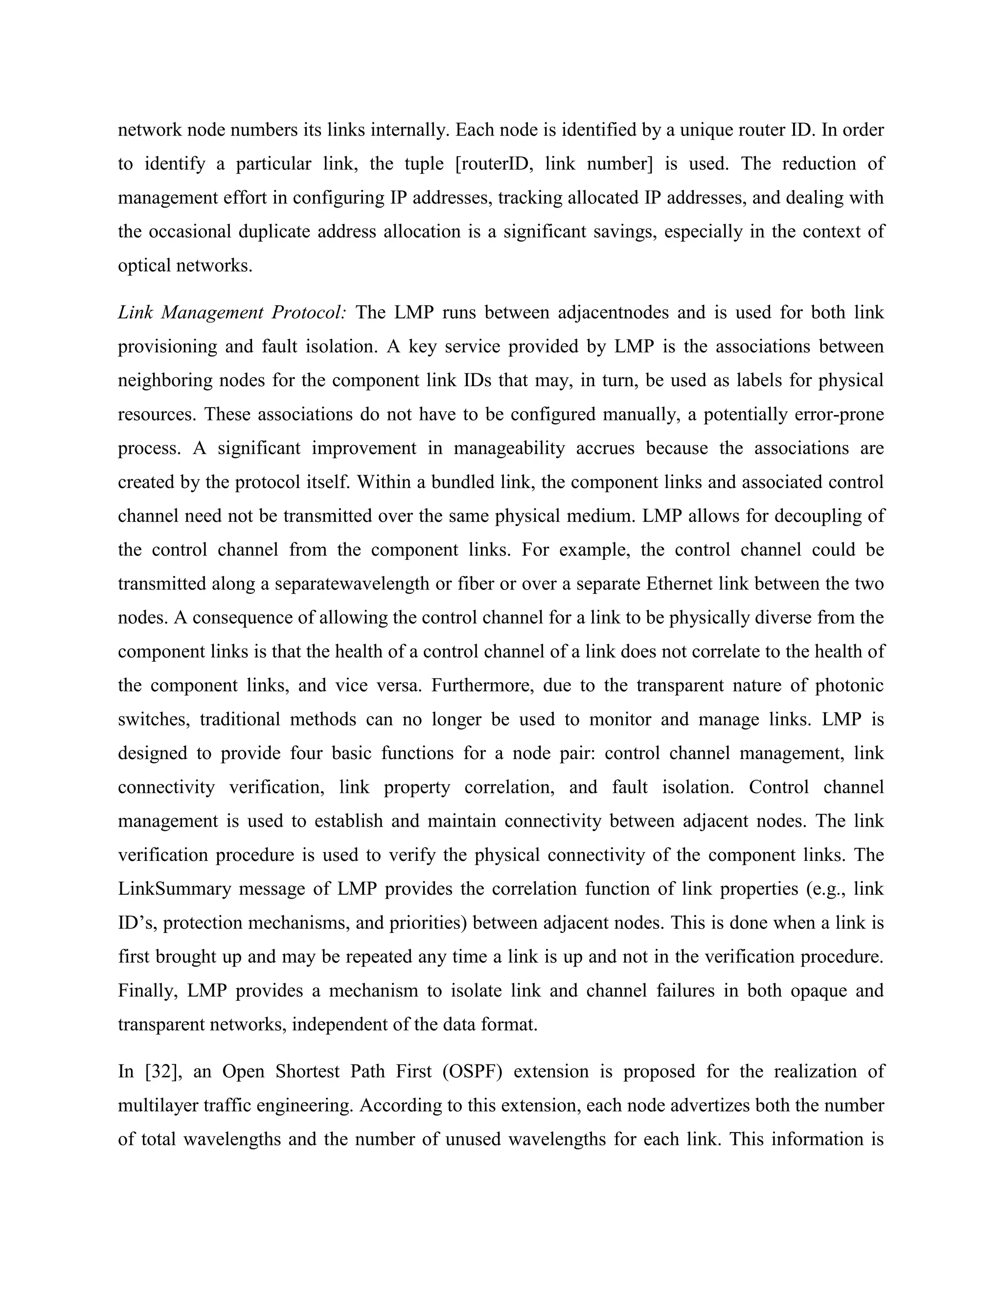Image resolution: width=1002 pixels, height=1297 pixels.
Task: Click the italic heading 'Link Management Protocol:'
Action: tap(231, 312)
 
